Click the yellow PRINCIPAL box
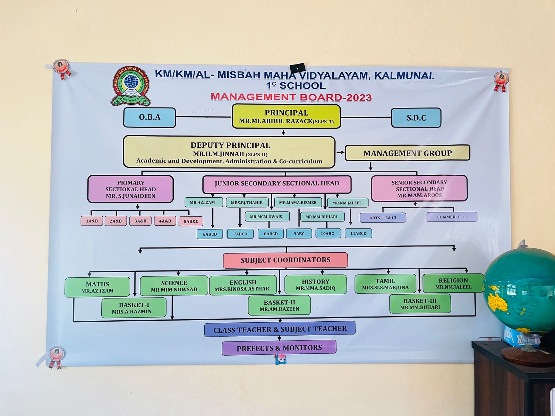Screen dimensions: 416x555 click(286, 116)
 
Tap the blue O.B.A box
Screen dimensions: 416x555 click(150, 118)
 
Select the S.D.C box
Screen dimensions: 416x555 click(416, 118)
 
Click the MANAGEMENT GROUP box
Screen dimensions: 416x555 click(407, 153)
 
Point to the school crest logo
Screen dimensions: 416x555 click(131, 86)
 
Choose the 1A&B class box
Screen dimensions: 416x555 click(92, 221)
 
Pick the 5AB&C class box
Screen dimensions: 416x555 click(191, 221)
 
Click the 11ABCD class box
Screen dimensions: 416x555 click(358, 233)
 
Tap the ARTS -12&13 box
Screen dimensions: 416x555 click(383, 218)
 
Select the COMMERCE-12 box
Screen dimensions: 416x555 click(452, 217)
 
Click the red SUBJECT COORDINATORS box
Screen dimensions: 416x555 click(285, 260)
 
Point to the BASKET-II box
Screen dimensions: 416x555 click(279, 305)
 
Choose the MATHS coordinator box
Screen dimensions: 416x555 click(97, 287)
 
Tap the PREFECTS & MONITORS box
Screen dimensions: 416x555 click(279, 348)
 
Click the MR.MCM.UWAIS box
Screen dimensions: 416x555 click(266, 217)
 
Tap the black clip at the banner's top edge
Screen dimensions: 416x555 click(298, 68)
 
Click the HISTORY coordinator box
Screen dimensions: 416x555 click(315, 285)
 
